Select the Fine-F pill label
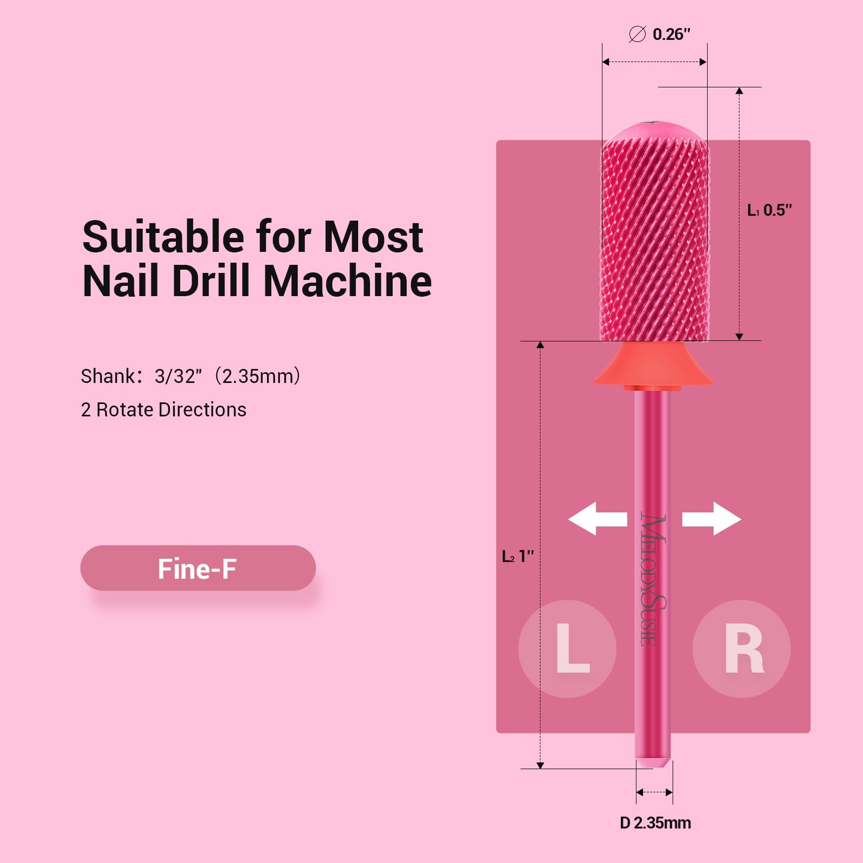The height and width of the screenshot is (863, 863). point(198,568)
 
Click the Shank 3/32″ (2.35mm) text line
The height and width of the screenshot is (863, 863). point(190,376)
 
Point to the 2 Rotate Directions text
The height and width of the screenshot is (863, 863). point(163,410)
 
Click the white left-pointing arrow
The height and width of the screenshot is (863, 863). point(598,518)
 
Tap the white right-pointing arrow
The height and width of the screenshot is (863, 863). point(711,518)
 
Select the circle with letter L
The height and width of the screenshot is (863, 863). point(567,648)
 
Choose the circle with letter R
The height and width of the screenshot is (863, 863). point(742,648)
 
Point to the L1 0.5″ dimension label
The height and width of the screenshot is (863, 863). point(770,210)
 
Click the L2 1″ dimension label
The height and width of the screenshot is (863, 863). point(518,556)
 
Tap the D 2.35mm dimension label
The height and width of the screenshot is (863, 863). point(655,823)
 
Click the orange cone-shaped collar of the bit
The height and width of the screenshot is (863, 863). point(653,364)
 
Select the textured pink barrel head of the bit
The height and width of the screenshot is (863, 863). point(654,232)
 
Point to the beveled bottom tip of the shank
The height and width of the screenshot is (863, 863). point(653,763)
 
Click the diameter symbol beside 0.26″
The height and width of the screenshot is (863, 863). point(637,35)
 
